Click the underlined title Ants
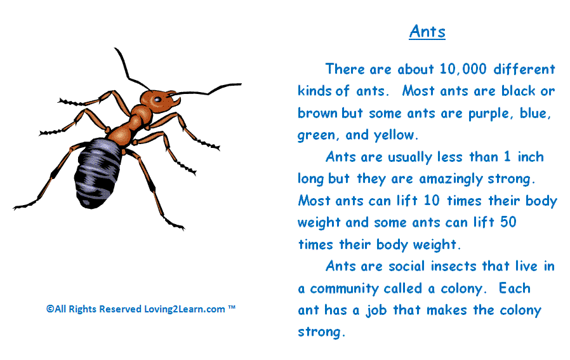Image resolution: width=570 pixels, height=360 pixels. pyautogui.click(x=427, y=31)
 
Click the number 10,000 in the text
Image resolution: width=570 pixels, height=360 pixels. pyautogui.click(x=463, y=69)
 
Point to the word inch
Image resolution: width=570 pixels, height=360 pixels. pyautogui.click(x=531, y=157)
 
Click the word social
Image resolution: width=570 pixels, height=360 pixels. pyautogui.click(x=406, y=266)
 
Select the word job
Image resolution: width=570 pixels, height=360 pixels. pyautogui.click(x=376, y=310)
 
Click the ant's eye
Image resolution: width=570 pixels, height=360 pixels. pyautogui.click(x=157, y=99)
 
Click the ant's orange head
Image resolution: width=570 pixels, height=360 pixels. pyautogui.click(x=156, y=100)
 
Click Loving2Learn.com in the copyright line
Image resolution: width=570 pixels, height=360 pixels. pyautogui.click(x=185, y=309)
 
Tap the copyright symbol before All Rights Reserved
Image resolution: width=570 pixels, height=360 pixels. pyautogui.click(x=50, y=309)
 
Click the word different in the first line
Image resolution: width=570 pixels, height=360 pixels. pyautogui.click(x=524, y=69)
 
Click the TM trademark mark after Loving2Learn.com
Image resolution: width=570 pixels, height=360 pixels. pyautogui.click(x=232, y=307)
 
